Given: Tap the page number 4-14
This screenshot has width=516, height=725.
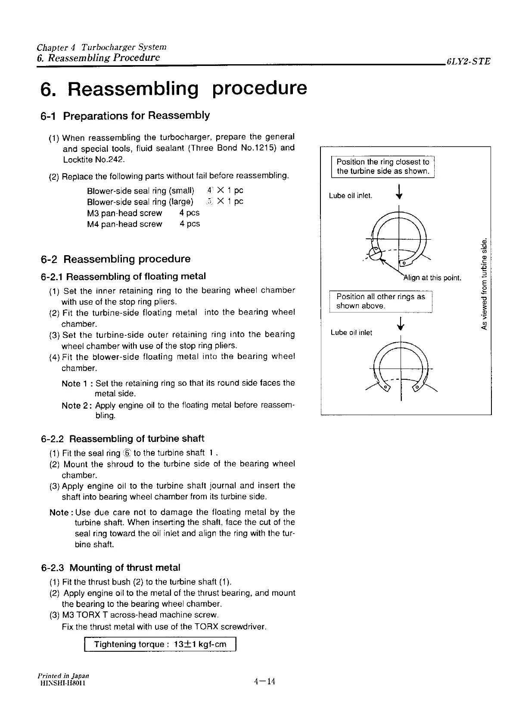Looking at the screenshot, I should tap(264, 681).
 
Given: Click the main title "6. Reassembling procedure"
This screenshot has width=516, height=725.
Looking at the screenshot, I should tap(174, 88).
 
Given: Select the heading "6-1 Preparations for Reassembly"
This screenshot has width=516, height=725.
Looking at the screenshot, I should tap(125, 116).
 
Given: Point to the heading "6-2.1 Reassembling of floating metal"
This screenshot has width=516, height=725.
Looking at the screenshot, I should tap(123, 276).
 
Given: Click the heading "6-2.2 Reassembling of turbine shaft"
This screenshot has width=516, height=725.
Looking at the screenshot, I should tap(122, 439).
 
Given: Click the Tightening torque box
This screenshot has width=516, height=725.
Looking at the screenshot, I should tap(160, 644).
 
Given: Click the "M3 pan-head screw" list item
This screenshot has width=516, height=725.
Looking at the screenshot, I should tap(124, 213).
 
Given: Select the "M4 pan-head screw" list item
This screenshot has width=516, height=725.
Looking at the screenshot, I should tap(124, 224).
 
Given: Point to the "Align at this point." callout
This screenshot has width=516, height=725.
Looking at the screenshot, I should tap(432, 278).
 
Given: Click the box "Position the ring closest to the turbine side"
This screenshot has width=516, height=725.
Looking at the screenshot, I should tap(383, 166).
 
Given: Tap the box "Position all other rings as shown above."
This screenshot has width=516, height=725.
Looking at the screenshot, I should tap(380, 301).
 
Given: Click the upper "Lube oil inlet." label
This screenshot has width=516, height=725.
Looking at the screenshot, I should tap(350, 196).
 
